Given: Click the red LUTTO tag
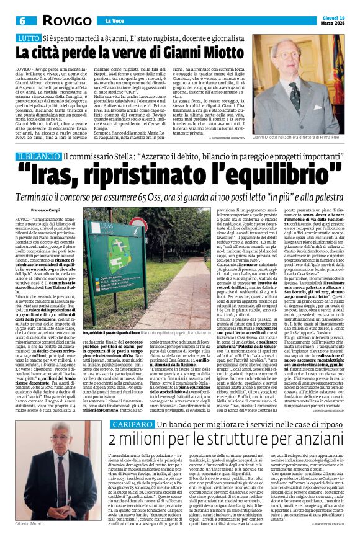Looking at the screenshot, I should pyautogui.click(x=27, y=38).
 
